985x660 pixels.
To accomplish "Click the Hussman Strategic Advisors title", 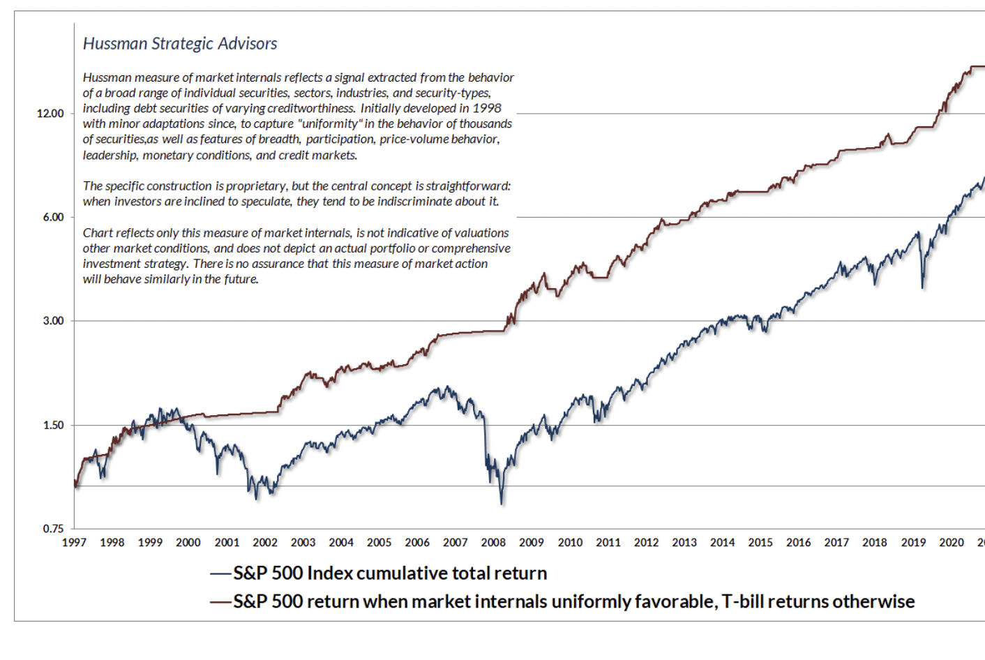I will (x=180, y=44).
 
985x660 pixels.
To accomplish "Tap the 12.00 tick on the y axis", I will (x=50, y=114).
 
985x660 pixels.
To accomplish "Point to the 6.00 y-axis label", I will (x=53, y=217).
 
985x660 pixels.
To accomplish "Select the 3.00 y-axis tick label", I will (x=53, y=321).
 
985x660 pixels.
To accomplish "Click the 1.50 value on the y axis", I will (x=53, y=425).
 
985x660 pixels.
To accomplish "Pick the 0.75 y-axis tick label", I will (x=53, y=529).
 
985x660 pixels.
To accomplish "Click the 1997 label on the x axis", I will (x=74, y=543).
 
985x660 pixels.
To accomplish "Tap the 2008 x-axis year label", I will (x=493, y=543).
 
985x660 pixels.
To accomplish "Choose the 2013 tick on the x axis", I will (x=684, y=543).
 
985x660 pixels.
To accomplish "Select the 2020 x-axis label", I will (x=951, y=543).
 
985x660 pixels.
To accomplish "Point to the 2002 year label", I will (x=264, y=543).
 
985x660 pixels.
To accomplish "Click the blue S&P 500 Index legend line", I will (x=220, y=573).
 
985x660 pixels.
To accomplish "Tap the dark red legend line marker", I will (x=220, y=601).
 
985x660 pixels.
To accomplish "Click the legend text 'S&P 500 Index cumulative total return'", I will (x=390, y=573).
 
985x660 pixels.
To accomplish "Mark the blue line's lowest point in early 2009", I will (x=501, y=503).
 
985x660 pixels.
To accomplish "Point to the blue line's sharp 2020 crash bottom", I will (x=922, y=287).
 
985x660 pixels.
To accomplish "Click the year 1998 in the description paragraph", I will (x=487, y=108).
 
